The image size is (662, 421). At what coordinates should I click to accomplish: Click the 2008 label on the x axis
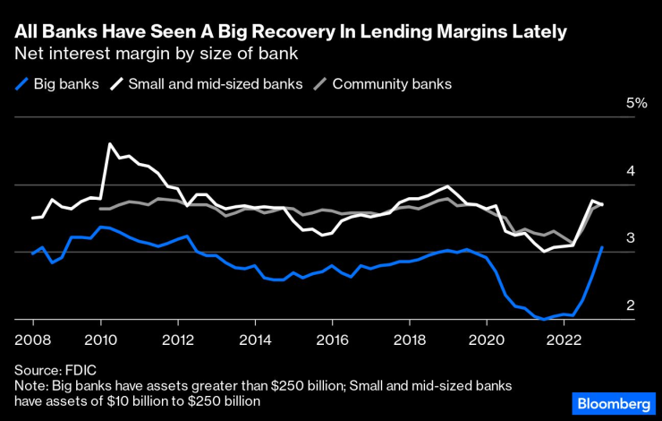coord(33,339)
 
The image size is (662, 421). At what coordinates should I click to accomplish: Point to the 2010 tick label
coord(100,339)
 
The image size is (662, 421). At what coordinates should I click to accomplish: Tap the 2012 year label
coord(178,339)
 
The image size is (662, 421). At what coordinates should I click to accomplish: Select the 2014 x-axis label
coord(255,339)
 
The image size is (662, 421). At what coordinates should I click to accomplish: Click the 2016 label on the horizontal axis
coord(332,339)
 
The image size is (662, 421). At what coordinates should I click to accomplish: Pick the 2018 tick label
coord(410,339)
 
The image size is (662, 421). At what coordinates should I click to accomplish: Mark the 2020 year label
coord(487,339)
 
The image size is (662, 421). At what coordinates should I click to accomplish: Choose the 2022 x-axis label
coord(564,339)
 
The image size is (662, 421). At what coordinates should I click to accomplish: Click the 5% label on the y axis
coord(636,103)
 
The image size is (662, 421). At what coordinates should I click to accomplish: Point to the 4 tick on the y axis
coord(630,170)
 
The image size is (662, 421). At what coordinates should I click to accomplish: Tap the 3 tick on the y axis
coord(630,237)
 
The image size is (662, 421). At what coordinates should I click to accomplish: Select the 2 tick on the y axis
coord(630,305)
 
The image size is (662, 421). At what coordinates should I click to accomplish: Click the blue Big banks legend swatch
coord(21,84)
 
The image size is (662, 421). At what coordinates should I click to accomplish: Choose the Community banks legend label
coord(392,84)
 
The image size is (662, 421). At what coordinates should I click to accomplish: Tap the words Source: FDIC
coord(55,369)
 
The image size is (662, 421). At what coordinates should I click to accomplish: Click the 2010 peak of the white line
coord(110,144)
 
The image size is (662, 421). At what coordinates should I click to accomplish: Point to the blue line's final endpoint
coord(602,247)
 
